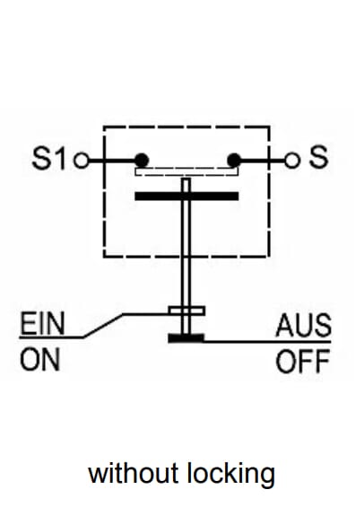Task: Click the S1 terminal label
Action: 48,158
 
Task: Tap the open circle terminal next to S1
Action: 82,161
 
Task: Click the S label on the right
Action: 318,157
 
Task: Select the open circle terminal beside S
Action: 292,161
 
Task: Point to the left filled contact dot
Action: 142,161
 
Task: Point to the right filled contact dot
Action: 234,161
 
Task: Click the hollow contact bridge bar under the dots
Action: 186,171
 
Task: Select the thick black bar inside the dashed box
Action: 186,197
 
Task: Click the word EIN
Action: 42,324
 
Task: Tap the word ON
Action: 40,359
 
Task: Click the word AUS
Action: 303,325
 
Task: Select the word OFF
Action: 302,361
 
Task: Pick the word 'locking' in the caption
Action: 231,475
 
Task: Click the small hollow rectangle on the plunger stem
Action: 186,311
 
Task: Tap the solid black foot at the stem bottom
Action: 186,338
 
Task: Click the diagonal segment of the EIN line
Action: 102,326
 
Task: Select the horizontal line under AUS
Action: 267,342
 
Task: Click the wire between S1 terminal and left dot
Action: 112,161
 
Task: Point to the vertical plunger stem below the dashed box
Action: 186,282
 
